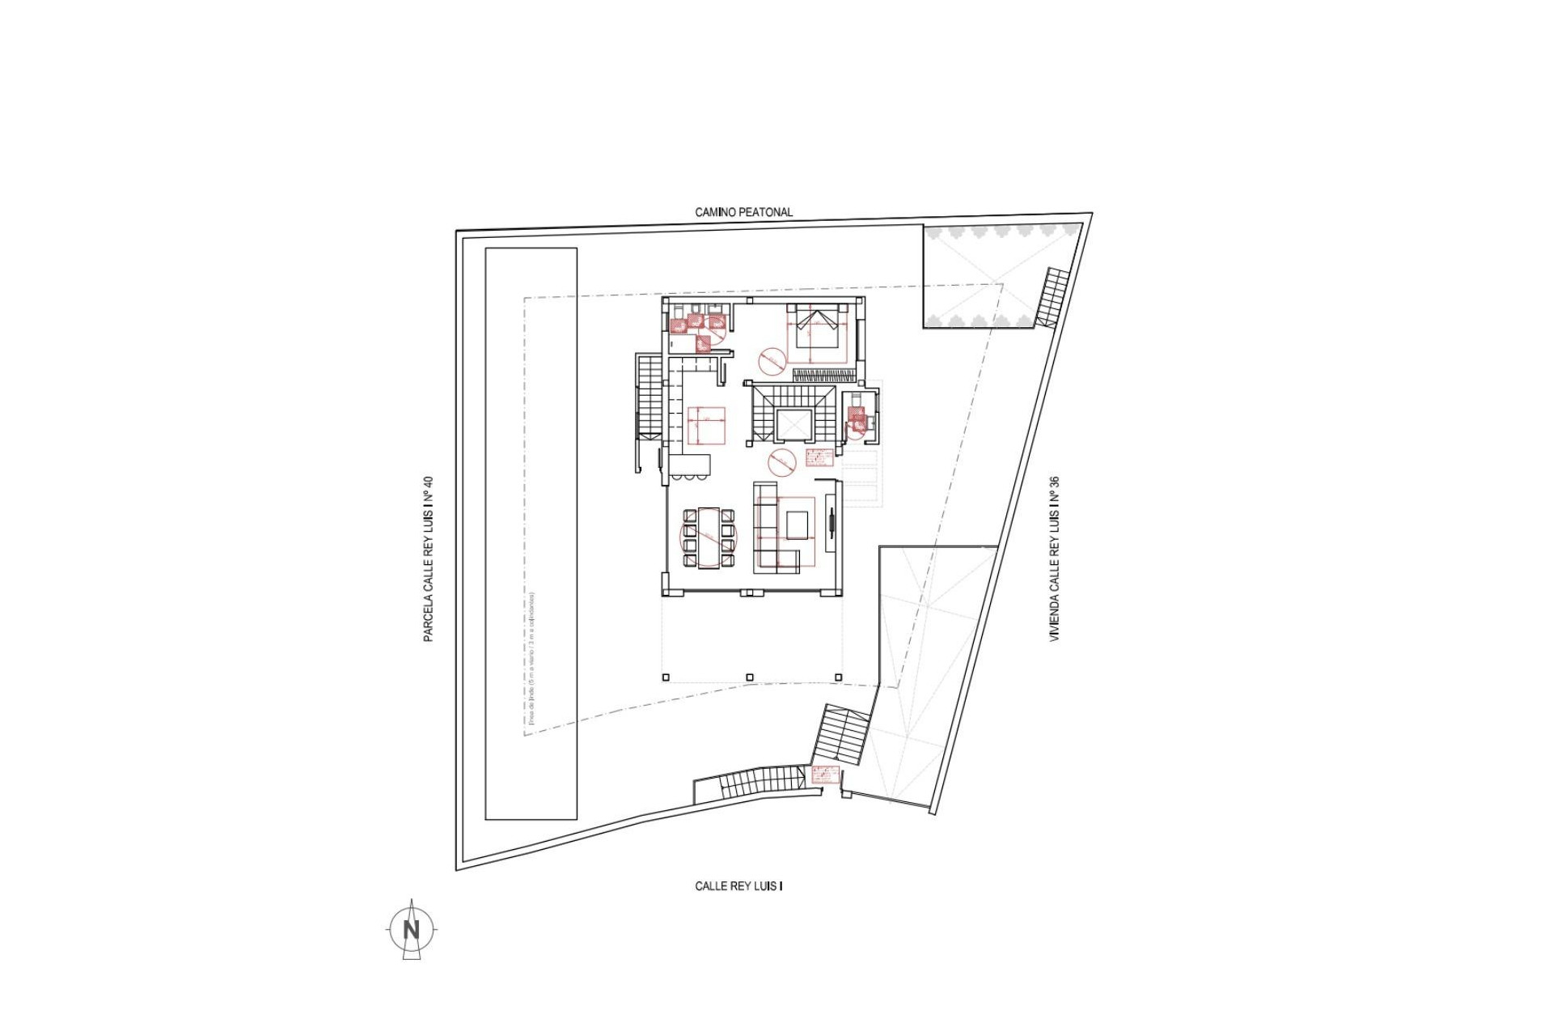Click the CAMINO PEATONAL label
(x=743, y=212)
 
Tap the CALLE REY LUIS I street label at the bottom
(x=738, y=886)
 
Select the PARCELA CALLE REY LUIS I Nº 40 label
(x=429, y=559)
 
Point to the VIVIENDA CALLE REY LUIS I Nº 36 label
(x=1054, y=559)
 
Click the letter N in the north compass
(x=412, y=930)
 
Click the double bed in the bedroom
(x=818, y=329)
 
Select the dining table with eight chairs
(x=709, y=537)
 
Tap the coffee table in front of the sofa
(x=797, y=525)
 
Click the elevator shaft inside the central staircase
(x=792, y=425)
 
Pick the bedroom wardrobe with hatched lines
(x=823, y=375)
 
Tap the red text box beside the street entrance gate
(x=825, y=775)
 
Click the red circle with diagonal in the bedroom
(x=772, y=361)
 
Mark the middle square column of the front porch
(x=750, y=677)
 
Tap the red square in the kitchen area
(x=705, y=426)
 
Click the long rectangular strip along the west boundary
(x=531, y=534)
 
